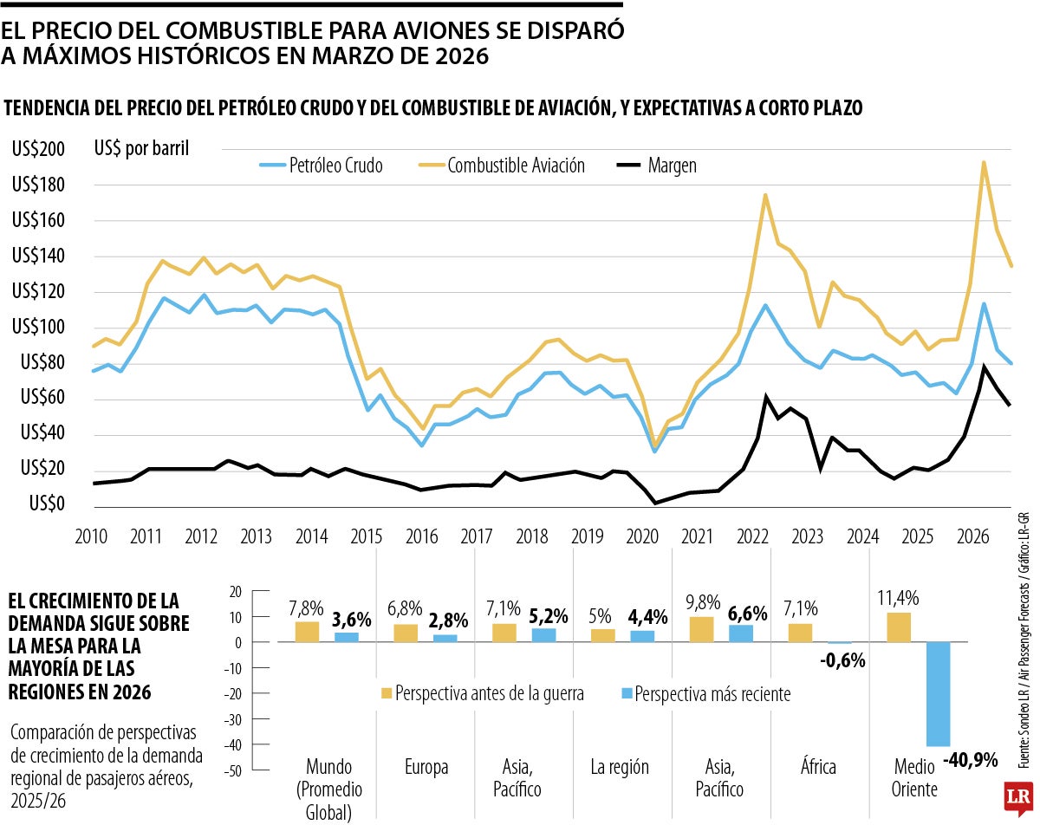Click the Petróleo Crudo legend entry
point(322,166)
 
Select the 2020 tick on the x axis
point(640,535)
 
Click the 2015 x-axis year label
point(366,535)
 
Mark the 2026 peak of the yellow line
point(984,162)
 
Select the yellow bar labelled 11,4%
point(900,627)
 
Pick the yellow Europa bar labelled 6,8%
point(406,633)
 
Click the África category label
point(817,766)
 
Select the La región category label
point(620,766)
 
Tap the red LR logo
point(1016,799)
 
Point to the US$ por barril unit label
point(141,148)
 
